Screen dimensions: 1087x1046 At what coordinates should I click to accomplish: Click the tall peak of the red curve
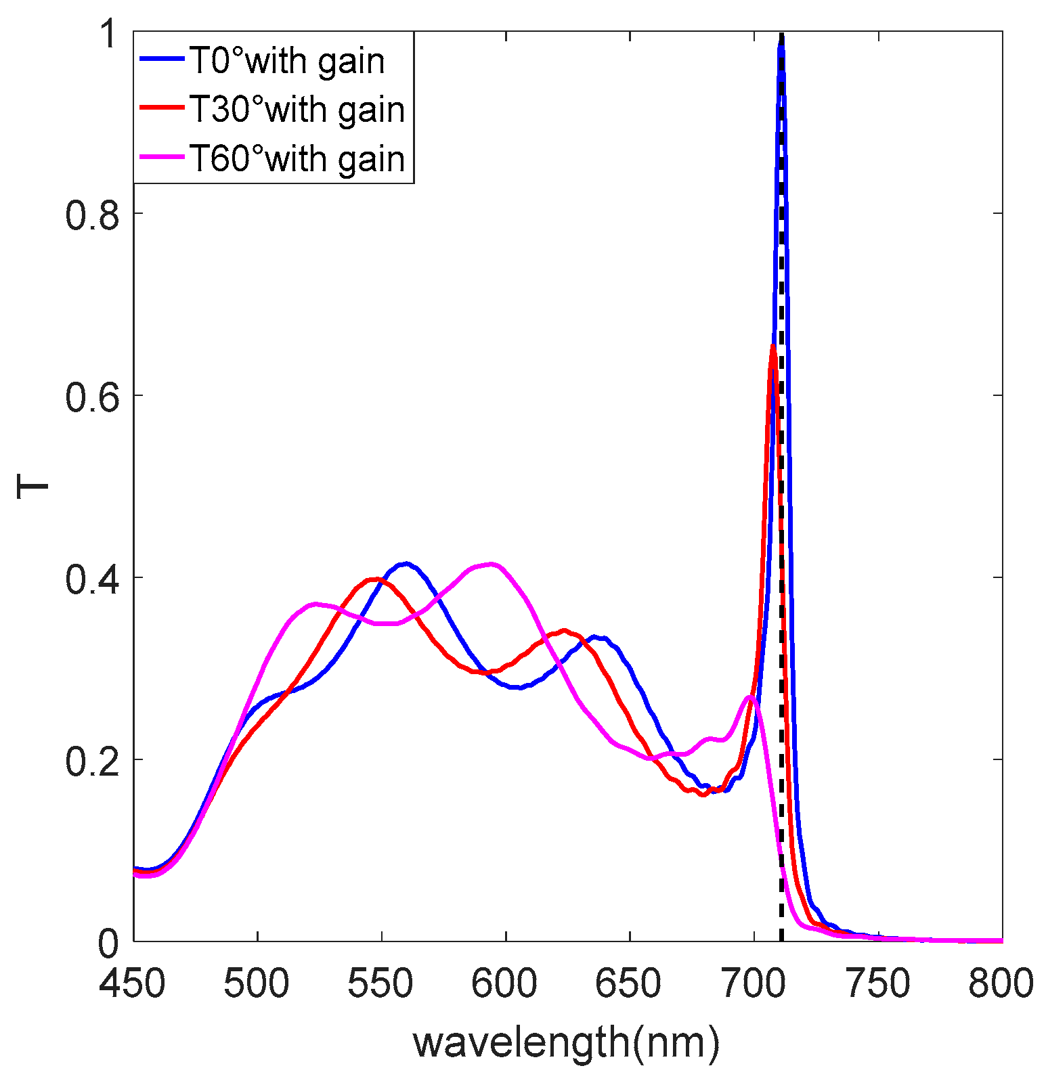(x=772, y=347)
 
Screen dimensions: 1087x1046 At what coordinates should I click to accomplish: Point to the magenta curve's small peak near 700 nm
(x=749, y=696)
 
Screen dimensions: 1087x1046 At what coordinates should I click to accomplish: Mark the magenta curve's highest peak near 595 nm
(x=492, y=564)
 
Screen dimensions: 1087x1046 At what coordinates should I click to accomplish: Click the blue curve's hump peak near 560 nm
(x=405, y=563)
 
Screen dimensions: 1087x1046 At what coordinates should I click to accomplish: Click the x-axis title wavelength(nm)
(x=566, y=1042)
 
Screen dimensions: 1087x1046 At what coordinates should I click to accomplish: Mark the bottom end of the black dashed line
(x=781, y=939)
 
